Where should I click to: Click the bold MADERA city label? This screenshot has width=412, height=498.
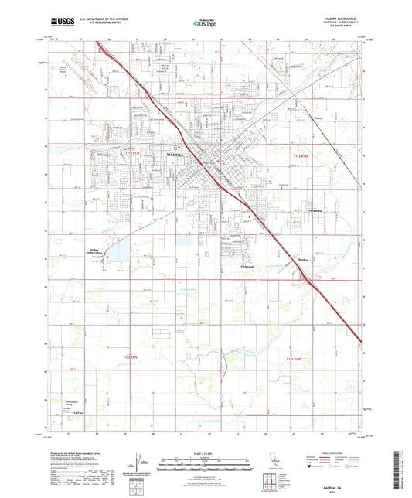177,155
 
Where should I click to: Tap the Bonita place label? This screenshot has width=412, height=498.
304,260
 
